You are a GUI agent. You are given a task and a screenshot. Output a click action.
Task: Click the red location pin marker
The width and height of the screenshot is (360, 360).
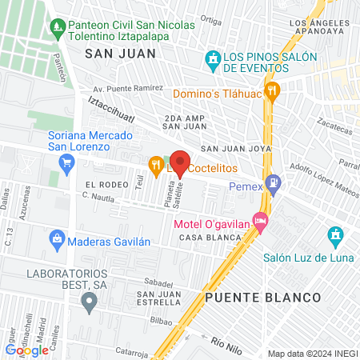click(180, 162)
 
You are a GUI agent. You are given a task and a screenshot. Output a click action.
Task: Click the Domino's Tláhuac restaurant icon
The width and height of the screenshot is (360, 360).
click(273, 91)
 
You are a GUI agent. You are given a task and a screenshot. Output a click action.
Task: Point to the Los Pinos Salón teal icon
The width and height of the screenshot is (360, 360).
click(213, 58)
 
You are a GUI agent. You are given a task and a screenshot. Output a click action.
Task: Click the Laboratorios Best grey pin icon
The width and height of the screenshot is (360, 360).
click(89, 302)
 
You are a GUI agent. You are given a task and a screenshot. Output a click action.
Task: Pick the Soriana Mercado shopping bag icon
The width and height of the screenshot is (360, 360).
click(66, 165)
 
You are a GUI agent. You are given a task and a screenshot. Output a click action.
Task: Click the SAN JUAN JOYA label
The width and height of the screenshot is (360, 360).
click(236, 148)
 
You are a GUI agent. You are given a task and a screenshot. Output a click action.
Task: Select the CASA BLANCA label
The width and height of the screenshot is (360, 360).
click(209, 238)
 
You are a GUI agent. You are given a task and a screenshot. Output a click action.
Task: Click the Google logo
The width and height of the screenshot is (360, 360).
click(27, 350)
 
